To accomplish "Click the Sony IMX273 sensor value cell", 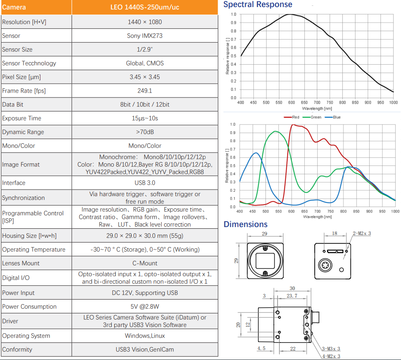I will click(x=145, y=36).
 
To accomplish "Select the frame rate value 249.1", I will click(x=145, y=91).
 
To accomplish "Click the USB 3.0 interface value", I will click(x=145, y=183).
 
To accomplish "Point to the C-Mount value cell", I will click(x=145, y=263).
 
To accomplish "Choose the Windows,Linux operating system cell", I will click(x=145, y=336).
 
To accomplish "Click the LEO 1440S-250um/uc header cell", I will click(x=145, y=7).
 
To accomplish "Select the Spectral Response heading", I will click(x=258, y=5).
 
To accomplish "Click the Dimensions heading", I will click(x=246, y=225).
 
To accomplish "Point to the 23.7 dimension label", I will click(x=292, y=296).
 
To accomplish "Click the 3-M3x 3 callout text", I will click(x=331, y=349).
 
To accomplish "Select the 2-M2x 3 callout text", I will click(x=361, y=233).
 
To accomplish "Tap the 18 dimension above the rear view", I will click(x=335, y=234).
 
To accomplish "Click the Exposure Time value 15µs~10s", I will click(x=145, y=118).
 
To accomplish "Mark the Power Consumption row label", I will click(x=29, y=307).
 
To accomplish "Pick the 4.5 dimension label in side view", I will click(x=261, y=349).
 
